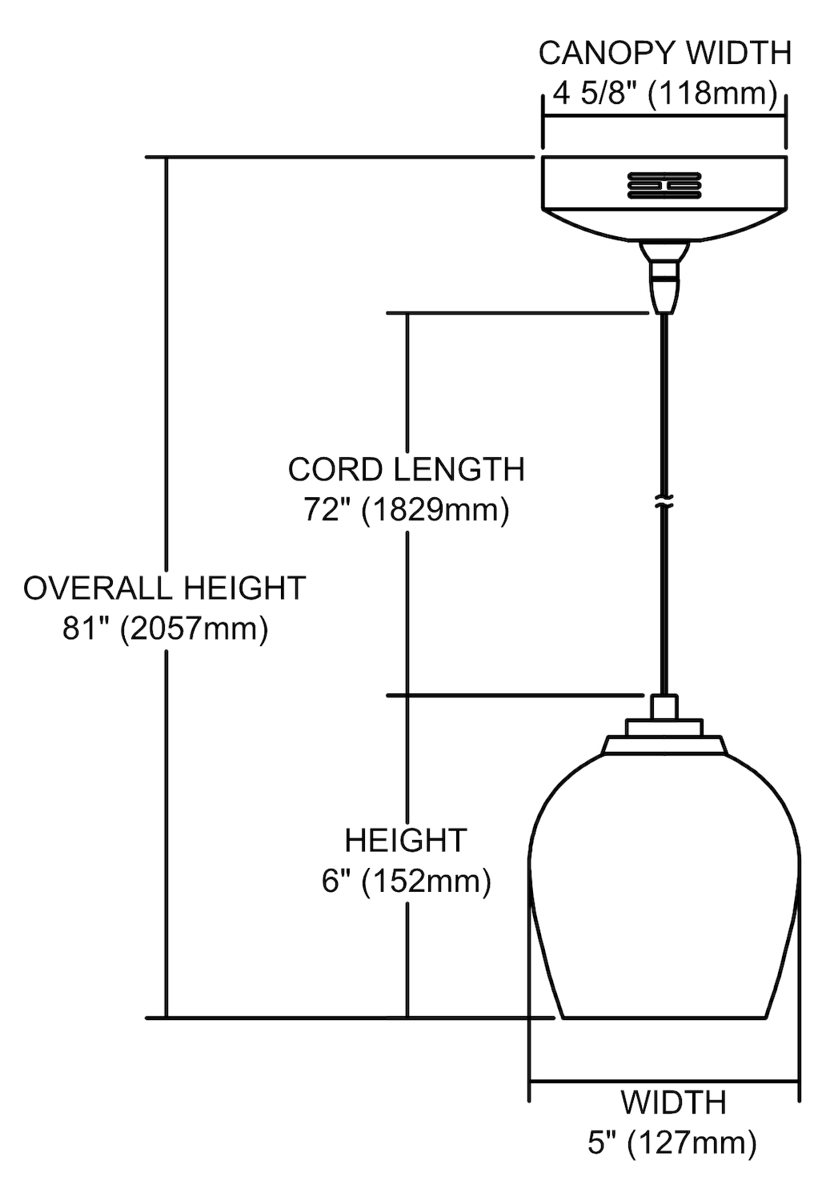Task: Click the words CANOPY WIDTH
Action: click(x=664, y=53)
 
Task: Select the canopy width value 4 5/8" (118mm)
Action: click(x=664, y=94)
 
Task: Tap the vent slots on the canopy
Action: click(x=664, y=186)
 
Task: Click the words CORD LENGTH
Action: click(x=407, y=469)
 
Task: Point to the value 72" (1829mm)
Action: click(x=407, y=509)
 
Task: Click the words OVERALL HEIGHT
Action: click(x=165, y=588)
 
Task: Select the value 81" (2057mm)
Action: click(x=165, y=629)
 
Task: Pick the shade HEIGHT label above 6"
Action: click(x=406, y=840)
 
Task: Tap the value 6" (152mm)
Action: click(x=407, y=881)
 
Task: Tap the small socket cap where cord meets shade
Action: click(x=664, y=707)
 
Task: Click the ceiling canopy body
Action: click(x=664, y=199)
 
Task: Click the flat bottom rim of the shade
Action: click(x=664, y=1018)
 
